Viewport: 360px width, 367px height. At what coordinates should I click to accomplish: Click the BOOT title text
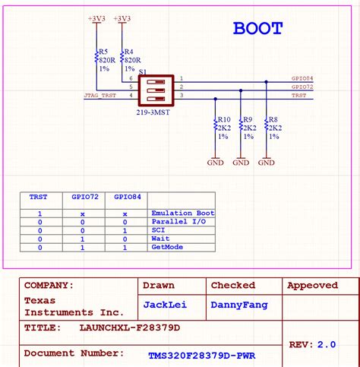257,29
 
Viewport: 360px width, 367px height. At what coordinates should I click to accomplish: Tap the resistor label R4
129,51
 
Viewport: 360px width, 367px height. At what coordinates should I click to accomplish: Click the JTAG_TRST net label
100,95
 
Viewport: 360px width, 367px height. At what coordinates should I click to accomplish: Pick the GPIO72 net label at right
302,87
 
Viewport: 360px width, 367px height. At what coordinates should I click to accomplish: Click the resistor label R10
224,119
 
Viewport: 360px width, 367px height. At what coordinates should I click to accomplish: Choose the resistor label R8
273,119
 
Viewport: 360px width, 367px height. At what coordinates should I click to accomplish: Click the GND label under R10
216,162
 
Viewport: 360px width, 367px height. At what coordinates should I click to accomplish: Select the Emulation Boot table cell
183,214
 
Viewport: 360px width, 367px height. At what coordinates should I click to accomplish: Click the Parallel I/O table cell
179,222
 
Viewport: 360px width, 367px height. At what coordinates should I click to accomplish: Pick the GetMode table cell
168,247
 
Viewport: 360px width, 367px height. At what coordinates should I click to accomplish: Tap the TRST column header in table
39,196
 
